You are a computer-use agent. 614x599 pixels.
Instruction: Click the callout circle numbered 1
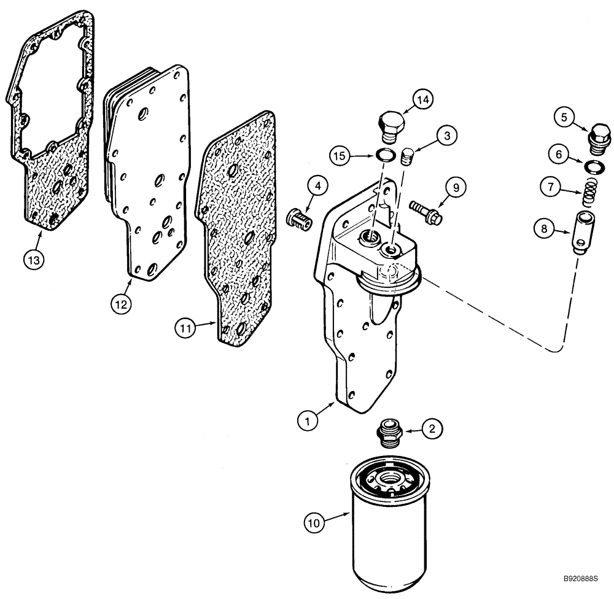pyautogui.click(x=307, y=421)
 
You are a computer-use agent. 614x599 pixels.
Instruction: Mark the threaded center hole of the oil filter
pyautogui.click(x=389, y=477)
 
